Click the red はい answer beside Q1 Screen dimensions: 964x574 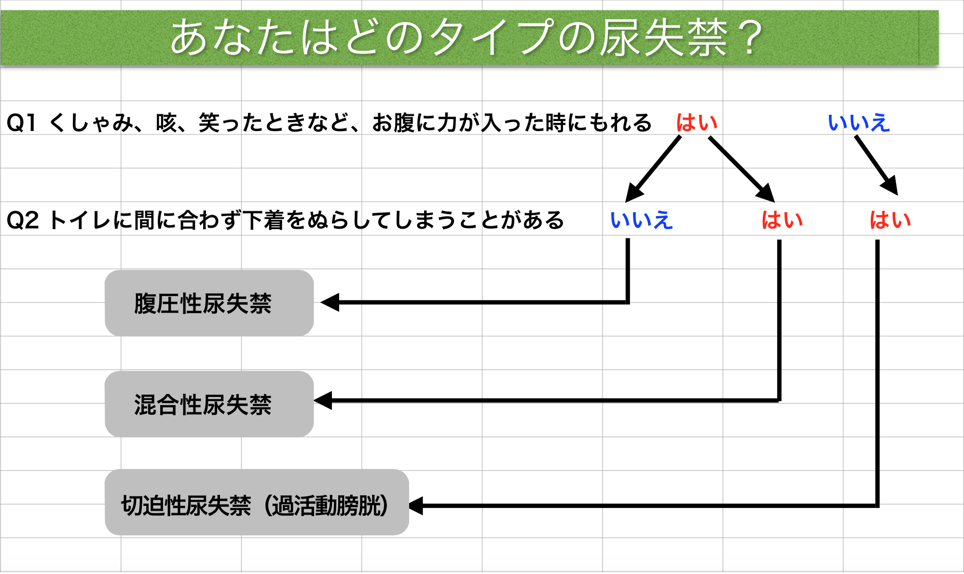coord(697,123)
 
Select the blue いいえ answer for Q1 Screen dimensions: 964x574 coord(859,123)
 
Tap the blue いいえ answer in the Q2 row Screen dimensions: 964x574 coord(641,220)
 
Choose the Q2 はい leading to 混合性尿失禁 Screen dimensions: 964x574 coord(782,220)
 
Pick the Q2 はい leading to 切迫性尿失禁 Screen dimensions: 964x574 coord(890,220)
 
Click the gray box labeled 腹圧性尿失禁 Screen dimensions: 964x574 coord(209,303)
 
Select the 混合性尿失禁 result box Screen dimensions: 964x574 coord(209,404)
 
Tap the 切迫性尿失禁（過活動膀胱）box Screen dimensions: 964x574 coord(257,502)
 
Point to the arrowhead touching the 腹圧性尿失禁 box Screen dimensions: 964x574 coord(330,302)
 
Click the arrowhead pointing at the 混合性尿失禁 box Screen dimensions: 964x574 coord(323,400)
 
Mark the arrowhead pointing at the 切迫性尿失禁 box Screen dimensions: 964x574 coord(416,506)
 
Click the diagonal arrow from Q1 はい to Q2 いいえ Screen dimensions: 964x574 coord(653,169)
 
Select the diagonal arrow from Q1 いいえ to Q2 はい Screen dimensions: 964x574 coord(876,165)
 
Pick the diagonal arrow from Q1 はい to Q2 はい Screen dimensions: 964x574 coord(742,169)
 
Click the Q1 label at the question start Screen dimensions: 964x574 coord(21,123)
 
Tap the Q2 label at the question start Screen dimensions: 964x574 coord(22,220)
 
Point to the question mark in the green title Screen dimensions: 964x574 coord(750,38)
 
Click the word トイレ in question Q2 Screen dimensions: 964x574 coord(80,220)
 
